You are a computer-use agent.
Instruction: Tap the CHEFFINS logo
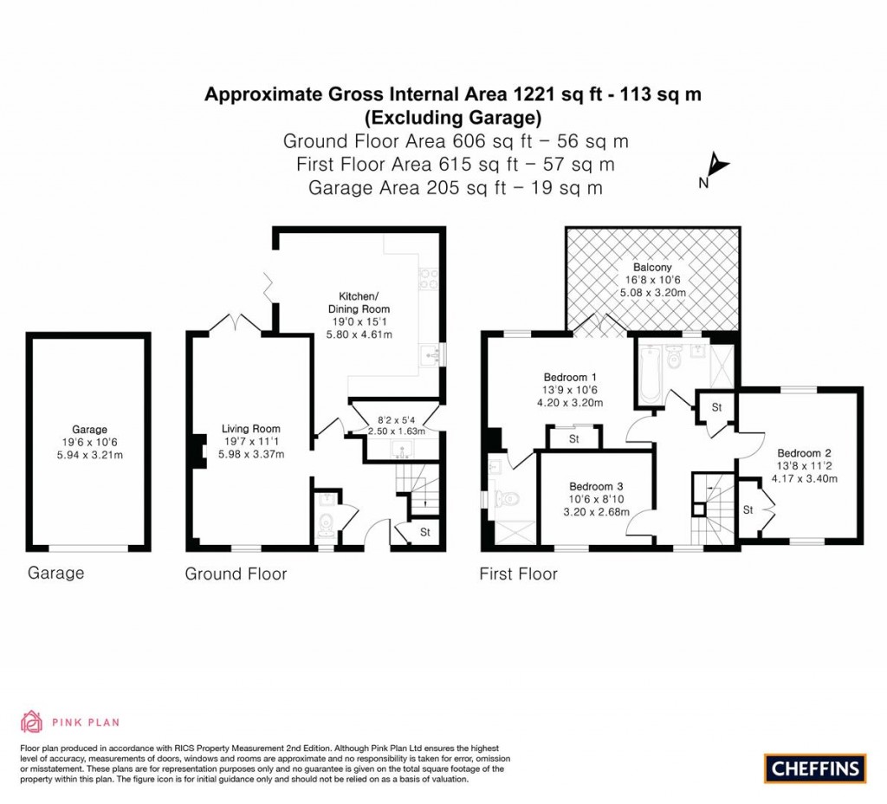815,768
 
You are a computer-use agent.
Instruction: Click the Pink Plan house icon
31,721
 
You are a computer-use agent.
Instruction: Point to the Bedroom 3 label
596,486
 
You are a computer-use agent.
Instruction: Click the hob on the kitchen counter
429,279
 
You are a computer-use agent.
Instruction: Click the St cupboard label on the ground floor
424,532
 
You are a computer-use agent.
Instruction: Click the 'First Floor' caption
518,574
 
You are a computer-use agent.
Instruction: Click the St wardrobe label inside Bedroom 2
747,509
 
